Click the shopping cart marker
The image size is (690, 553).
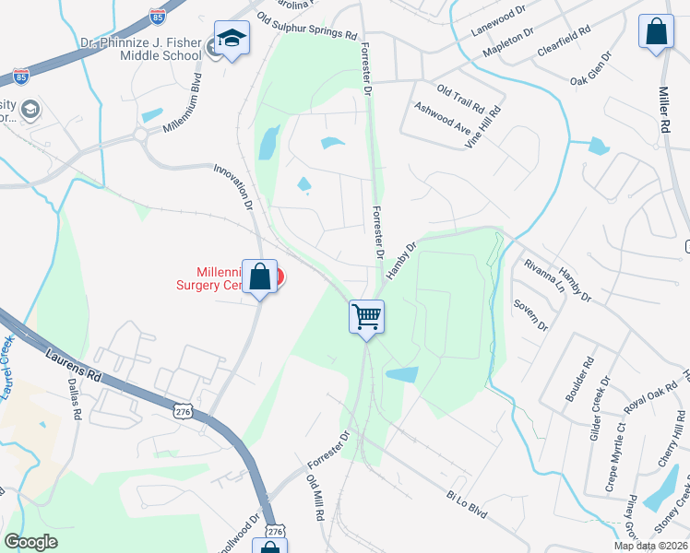[366, 317]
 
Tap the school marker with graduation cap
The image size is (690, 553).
[232, 39]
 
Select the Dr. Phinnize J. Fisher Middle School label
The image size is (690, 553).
[140, 48]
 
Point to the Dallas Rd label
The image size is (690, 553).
[73, 399]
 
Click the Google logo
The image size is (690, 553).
[30, 541]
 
